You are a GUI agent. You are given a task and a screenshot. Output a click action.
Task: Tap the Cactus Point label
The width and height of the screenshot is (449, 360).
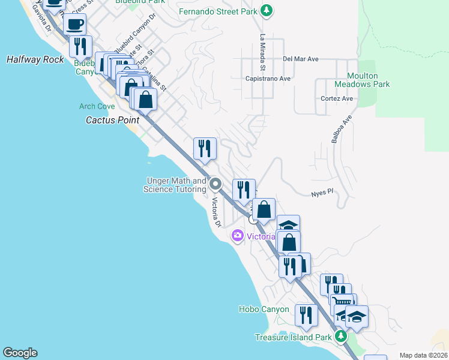pos(109,119)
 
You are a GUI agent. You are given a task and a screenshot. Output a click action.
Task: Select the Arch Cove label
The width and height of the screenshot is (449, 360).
pos(97,106)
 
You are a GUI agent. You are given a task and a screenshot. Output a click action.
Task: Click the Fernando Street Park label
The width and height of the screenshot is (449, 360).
pos(218,11)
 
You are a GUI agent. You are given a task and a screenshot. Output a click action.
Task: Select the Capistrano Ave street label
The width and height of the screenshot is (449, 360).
pos(268,78)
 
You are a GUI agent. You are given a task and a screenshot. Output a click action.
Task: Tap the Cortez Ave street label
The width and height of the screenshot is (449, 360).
pos(337,98)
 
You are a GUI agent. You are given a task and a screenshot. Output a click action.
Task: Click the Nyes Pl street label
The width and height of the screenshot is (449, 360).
pos(322,194)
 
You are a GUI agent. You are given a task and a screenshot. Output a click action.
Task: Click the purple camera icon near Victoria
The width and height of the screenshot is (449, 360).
pos(238,236)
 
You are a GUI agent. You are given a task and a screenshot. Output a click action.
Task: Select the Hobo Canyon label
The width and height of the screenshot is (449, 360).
pos(264,310)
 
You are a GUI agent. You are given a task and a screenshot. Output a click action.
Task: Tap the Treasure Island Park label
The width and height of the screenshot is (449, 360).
pos(293,337)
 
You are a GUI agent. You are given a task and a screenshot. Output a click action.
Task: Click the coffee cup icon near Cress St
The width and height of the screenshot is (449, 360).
pos(75,25)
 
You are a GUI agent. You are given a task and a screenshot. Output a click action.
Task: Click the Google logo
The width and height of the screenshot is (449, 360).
pos(20,353)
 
